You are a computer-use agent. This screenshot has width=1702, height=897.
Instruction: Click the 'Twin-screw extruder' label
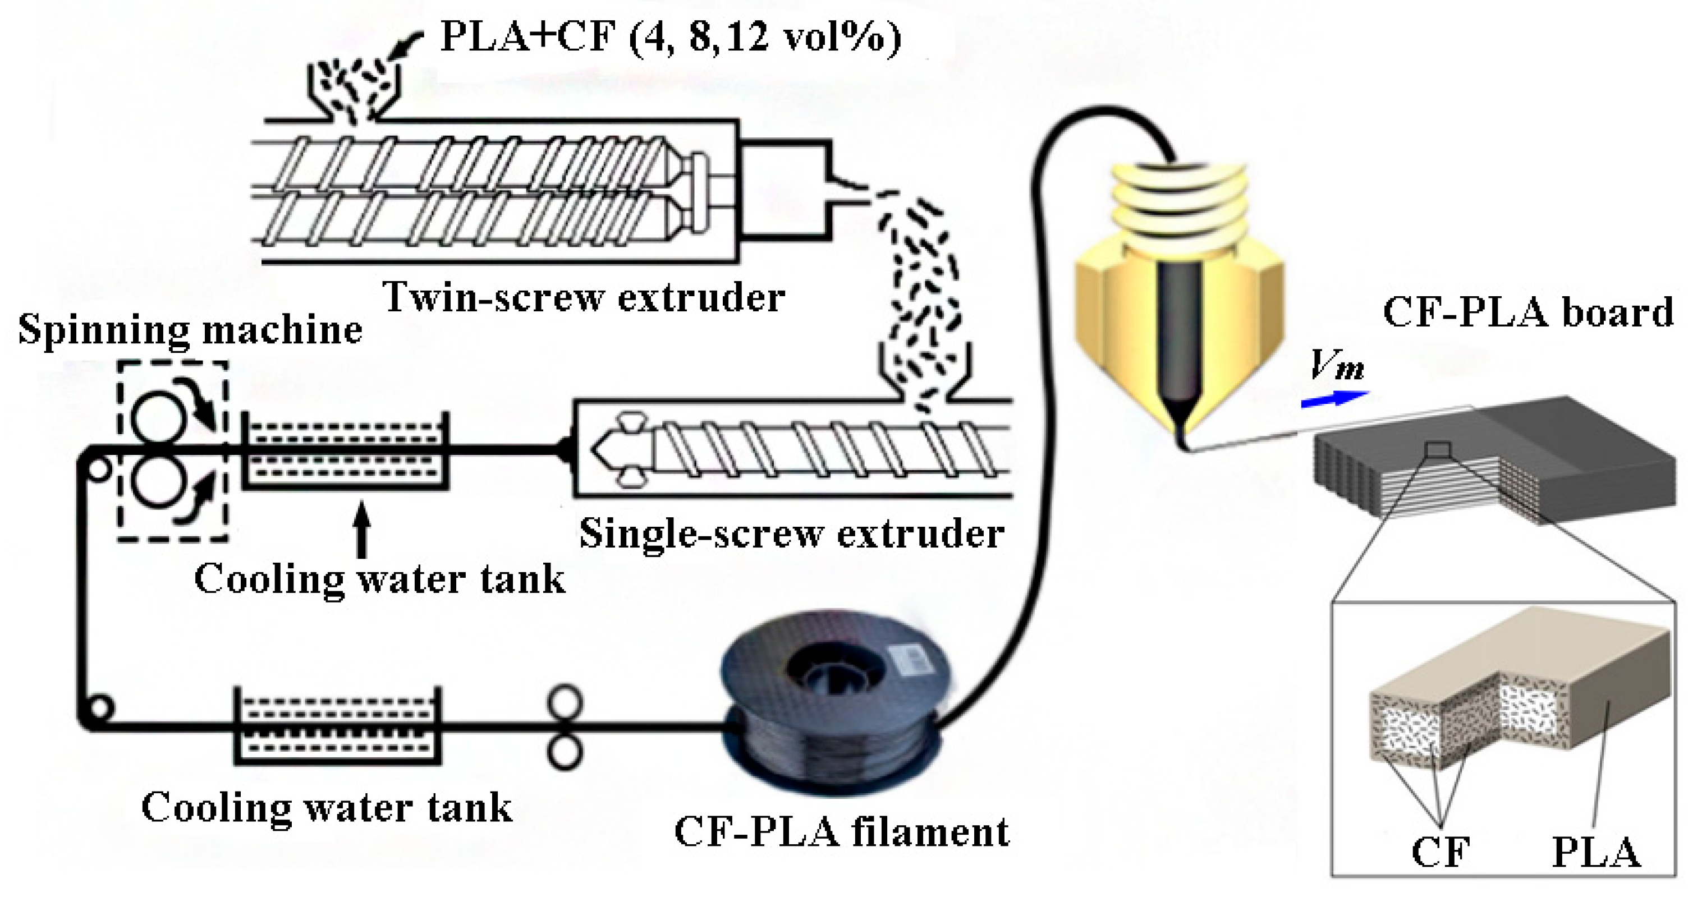pos(584,297)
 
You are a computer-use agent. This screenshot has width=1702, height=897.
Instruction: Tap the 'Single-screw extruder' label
pos(792,533)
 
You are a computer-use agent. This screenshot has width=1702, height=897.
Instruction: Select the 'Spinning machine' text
pos(190,329)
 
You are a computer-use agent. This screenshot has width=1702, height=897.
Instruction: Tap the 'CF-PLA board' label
pos(1527,312)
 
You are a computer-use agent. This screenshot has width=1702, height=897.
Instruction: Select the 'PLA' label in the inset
pos(1595,853)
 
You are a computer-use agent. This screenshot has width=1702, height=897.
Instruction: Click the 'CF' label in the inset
pos(1440,853)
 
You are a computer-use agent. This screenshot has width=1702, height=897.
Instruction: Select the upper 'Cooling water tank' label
pos(379,580)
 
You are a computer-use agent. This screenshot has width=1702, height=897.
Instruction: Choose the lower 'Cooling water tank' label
pos(327,807)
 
